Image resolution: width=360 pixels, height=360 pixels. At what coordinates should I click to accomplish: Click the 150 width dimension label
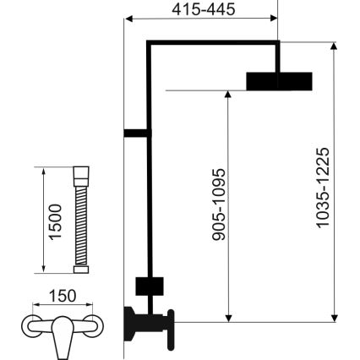62,296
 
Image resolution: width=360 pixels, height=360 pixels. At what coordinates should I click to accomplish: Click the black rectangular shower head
279,80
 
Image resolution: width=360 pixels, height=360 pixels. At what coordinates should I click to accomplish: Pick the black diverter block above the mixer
149,286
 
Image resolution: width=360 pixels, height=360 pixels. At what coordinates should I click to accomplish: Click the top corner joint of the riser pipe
149,43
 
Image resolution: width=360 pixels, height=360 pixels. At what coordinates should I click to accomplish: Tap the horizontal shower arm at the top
211,43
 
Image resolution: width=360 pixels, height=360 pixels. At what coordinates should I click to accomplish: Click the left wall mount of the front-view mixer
29,325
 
